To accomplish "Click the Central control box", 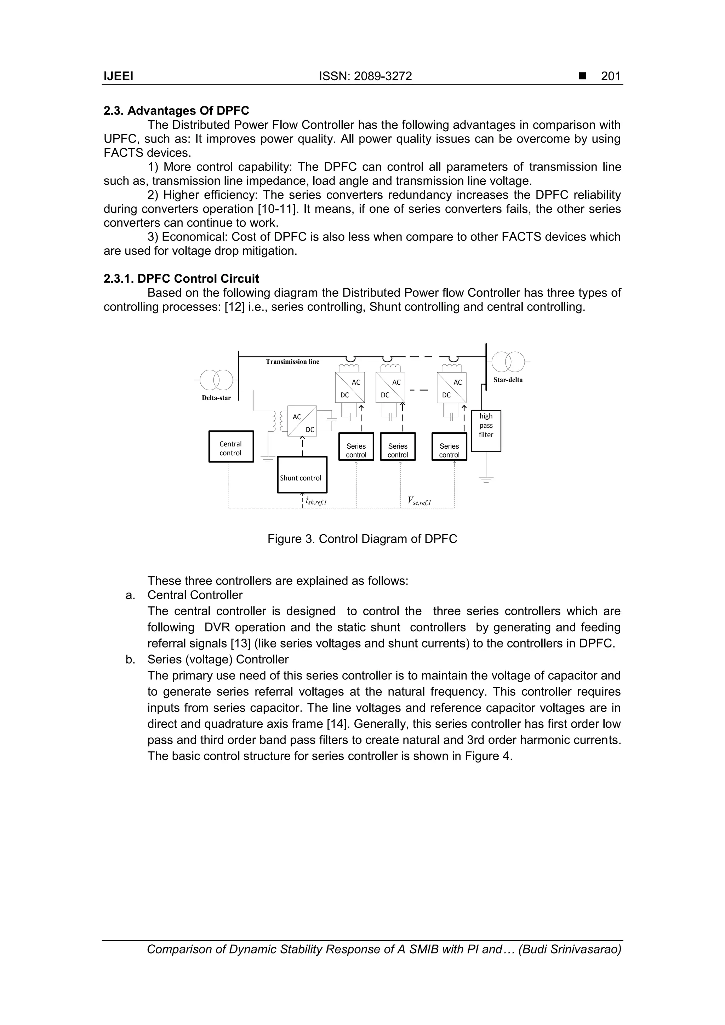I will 231,447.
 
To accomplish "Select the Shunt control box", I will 302,474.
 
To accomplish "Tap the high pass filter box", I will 486,431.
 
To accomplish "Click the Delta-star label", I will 216,398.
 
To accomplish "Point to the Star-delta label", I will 508,380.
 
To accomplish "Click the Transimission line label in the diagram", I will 293,362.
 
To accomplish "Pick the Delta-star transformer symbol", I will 216,380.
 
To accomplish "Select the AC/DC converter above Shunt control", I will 302,421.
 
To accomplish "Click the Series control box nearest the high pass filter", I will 449,447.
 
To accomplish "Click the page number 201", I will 611,76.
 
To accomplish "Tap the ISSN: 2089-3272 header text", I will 365,76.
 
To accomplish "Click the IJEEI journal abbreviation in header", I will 118,76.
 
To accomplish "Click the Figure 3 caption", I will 362,539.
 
